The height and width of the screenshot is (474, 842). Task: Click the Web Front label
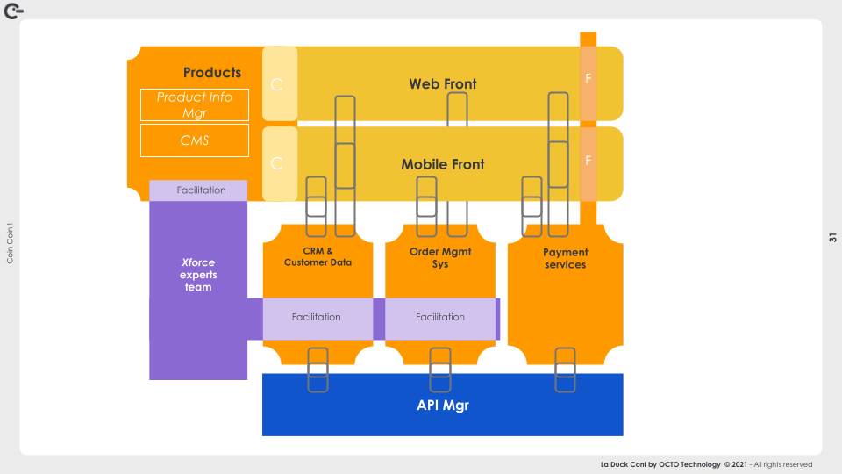tap(443, 84)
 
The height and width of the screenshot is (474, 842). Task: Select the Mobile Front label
tap(443, 164)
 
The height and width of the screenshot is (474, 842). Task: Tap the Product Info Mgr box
tap(195, 104)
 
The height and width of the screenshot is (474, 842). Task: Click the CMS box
tap(195, 140)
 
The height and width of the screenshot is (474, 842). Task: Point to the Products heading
tap(212, 72)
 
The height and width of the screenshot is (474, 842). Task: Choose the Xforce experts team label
tap(198, 275)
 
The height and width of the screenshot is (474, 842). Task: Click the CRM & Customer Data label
tap(318, 256)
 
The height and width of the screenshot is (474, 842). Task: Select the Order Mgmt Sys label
tap(440, 257)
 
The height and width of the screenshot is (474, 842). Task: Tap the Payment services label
tap(565, 258)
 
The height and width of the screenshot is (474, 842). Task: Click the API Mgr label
tap(443, 406)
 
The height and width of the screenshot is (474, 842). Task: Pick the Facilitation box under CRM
tap(317, 317)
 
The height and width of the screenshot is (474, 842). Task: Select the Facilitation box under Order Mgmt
tap(440, 317)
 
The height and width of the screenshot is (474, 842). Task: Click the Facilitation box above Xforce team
tap(201, 190)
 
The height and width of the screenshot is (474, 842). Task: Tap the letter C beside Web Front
tap(277, 84)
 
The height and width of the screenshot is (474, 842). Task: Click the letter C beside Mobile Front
tap(277, 164)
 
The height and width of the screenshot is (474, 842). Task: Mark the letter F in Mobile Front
tap(588, 161)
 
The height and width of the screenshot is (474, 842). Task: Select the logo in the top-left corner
tap(13, 10)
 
